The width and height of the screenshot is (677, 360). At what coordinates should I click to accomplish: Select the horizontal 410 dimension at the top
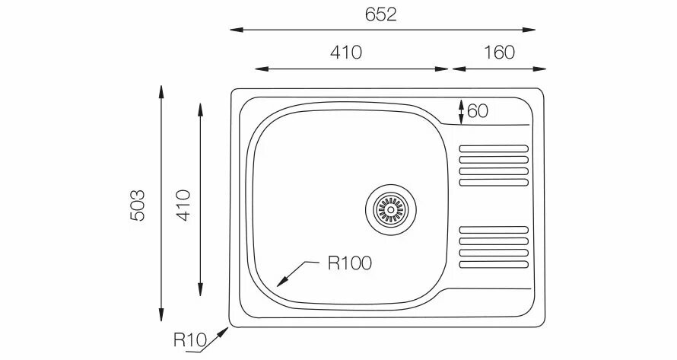click(x=345, y=53)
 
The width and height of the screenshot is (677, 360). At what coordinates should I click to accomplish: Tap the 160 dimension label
click(x=499, y=53)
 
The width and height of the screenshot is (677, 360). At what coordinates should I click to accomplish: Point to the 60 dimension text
click(x=477, y=111)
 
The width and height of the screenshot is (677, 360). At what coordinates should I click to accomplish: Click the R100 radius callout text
click(x=350, y=263)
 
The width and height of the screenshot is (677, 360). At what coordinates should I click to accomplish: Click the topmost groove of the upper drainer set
click(x=494, y=148)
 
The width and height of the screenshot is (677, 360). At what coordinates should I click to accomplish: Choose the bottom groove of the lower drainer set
click(x=494, y=264)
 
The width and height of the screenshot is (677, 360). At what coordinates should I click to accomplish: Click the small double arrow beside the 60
click(x=461, y=111)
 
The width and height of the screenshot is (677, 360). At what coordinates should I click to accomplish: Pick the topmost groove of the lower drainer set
click(x=494, y=229)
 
